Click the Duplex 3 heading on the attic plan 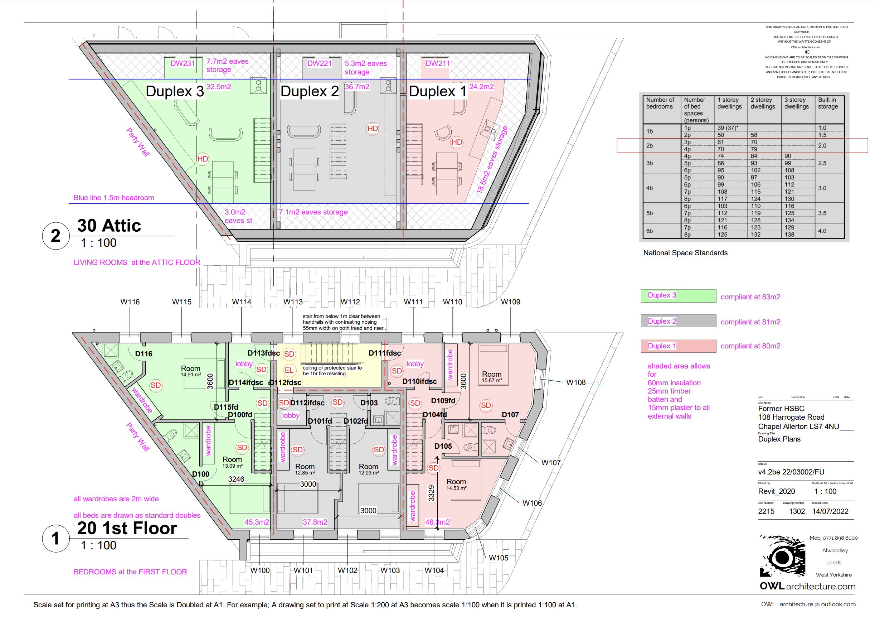(175, 92)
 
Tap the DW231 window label (183, 64)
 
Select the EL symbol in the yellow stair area (289, 370)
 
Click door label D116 (144, 354)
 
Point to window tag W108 (575, 382)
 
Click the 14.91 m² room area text (190, 375)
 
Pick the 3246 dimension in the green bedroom (236, 479)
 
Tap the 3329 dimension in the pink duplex (431, 493)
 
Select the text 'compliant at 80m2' (750, 346)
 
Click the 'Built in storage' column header (827, 103)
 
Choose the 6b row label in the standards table (650, 231)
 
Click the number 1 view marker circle (55, 539)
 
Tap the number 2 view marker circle (55, 236)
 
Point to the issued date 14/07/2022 (830, 512)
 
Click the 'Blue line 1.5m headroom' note (113, 198)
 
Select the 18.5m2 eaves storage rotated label (492, 160)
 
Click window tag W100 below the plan (260, 570)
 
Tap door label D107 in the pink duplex (510, 415)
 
